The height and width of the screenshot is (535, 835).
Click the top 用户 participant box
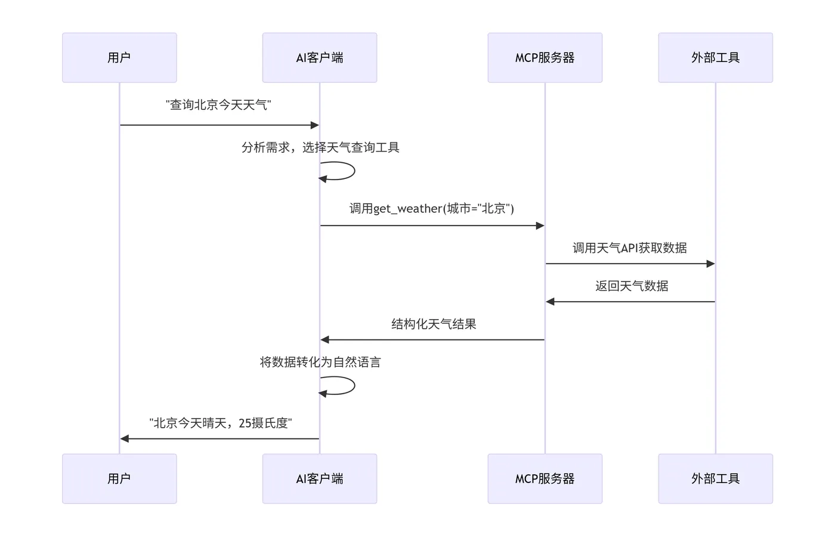pos(119,57)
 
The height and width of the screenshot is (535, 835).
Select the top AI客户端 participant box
pos(320,57)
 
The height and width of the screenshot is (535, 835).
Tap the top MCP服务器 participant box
pos(545,57)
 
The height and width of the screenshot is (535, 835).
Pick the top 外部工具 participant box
pos(715,57)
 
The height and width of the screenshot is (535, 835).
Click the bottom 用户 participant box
pos(119,478)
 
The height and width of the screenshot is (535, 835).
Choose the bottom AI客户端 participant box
pos(320,478)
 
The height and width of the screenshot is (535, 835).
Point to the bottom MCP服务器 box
pos(545,478)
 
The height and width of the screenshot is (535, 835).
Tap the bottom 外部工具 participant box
pos(715,478)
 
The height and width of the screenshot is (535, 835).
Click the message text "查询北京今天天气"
pos(219,105)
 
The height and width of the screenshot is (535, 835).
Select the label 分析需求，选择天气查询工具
pos(320,147)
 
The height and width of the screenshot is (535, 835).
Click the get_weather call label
pos(432,208)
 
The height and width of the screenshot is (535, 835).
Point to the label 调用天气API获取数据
pos(630,248)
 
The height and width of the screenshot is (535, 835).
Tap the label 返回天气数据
pos(631,286)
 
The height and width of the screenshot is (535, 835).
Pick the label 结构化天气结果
pos(434,324)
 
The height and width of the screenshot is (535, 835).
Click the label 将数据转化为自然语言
pos(320,362)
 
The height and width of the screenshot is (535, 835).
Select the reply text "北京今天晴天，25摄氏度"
pos(221,423)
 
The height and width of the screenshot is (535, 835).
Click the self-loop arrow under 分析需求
pos(354,171)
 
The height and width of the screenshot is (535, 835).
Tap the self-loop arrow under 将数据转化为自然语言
pos(354,386)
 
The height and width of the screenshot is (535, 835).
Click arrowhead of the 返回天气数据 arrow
pos(550,302)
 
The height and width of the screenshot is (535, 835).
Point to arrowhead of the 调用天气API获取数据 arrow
pos(710,264)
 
